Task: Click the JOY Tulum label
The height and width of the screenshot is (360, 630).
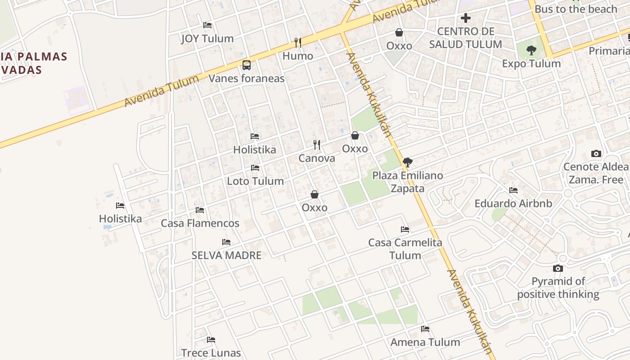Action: point(207,39)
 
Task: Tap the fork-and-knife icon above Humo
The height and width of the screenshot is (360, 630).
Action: point(297,43)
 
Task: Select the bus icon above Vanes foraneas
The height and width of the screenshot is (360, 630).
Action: point(247,65)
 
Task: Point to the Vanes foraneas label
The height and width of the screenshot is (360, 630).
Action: point(247,79)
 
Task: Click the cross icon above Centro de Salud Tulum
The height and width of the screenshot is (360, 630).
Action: point(466,18)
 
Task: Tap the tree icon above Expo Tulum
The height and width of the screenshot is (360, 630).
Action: point(531,50)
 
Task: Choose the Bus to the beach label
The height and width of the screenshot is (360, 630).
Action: point(576,9)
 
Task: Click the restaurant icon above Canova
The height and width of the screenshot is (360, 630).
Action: point(317,145)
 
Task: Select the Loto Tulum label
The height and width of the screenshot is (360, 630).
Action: point(255,181)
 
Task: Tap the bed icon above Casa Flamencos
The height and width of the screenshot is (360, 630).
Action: point(200,210)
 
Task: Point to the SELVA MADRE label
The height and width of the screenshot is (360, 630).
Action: point(226,256)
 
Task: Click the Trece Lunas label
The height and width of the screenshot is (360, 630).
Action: point(211,353)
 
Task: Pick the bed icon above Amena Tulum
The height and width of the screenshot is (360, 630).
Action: point(425,329)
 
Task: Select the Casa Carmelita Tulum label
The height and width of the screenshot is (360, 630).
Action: point(405,249)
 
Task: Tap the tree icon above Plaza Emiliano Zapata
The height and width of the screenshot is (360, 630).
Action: point(408,162)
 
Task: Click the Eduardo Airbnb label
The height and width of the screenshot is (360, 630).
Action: point(513,203)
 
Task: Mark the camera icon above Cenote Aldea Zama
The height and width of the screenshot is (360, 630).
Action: point(596,154)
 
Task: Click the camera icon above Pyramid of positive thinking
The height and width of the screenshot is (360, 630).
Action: point(558,269)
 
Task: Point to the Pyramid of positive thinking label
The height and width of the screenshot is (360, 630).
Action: point(558,288)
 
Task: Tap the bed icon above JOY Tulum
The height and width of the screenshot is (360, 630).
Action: point(207,25)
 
